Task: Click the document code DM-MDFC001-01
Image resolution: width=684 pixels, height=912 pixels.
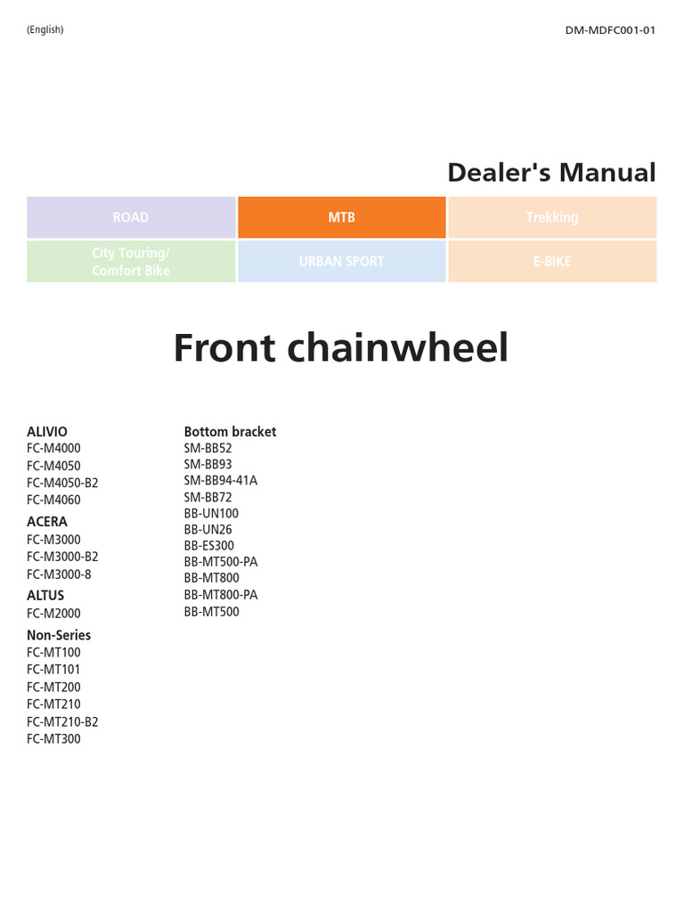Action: (x=610, y=30)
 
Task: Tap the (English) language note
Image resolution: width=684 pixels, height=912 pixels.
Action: (x=45, y=30)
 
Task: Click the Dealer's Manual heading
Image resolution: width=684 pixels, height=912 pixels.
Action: (x=551, y=173)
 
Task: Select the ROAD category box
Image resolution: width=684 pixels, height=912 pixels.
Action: (x=131, y=217)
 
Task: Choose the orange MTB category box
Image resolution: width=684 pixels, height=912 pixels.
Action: (x=341, y=217)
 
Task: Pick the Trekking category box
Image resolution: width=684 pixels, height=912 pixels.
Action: (x=552, y=217)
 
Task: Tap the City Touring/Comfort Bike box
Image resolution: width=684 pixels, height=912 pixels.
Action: (x=131, y=262)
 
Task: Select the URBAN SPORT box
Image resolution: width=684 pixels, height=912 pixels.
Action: (x=341, y=262)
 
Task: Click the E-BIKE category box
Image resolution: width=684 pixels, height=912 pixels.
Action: (x=552, y=262)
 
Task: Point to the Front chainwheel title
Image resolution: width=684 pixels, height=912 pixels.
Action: (x=341, y=347)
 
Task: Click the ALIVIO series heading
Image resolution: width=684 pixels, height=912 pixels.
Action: (x=47, y=431)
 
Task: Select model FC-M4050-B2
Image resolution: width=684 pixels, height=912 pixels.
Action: (x=62, y=483)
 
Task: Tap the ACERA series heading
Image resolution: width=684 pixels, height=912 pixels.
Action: (x=47, y=522)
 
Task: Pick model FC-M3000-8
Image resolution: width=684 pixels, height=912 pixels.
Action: (x=59, y=574)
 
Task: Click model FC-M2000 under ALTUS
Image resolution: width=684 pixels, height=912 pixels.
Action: (x=53, y=614)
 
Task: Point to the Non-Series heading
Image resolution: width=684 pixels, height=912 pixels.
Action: (x=59, y=635)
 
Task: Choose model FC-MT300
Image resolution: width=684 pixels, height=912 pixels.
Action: (x=53, y=738)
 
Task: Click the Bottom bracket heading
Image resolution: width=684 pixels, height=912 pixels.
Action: (x=230, y=431)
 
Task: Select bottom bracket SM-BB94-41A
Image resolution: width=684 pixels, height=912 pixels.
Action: (x=220, y=481)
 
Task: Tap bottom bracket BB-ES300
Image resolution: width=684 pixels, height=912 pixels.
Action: (x=209, y=546)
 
